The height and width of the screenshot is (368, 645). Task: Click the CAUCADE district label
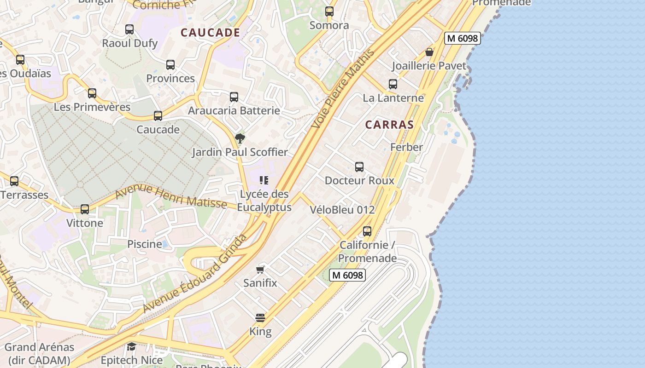coord(210,33)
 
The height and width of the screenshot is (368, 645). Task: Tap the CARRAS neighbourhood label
coord(389,125)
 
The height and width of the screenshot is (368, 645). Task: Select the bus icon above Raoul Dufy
coord(129,29)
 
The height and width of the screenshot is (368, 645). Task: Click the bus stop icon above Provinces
coord(170,65)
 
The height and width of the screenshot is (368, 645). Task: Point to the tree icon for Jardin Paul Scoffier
coord(240,138)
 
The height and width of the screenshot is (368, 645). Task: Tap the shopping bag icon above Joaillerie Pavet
coord(429,52)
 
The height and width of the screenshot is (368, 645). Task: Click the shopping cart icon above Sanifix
coord(260,270)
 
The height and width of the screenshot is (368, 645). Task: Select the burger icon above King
coord(260,318)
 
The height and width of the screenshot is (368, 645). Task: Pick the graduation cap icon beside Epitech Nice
coord(131,346)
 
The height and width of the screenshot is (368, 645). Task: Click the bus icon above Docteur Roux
coord(359,167)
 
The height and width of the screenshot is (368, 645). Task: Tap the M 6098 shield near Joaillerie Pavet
coord(463,39)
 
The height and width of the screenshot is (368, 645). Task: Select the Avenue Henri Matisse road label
coord(170,196)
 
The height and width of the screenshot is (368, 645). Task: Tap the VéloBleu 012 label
coord(342,210)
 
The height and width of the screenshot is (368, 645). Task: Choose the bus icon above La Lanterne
coord(393,84)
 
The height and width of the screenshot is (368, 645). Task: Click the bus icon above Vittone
coord(85,209)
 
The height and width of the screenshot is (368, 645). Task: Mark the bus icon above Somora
coord(329,12)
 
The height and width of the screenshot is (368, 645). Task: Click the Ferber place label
coord(406,147)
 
